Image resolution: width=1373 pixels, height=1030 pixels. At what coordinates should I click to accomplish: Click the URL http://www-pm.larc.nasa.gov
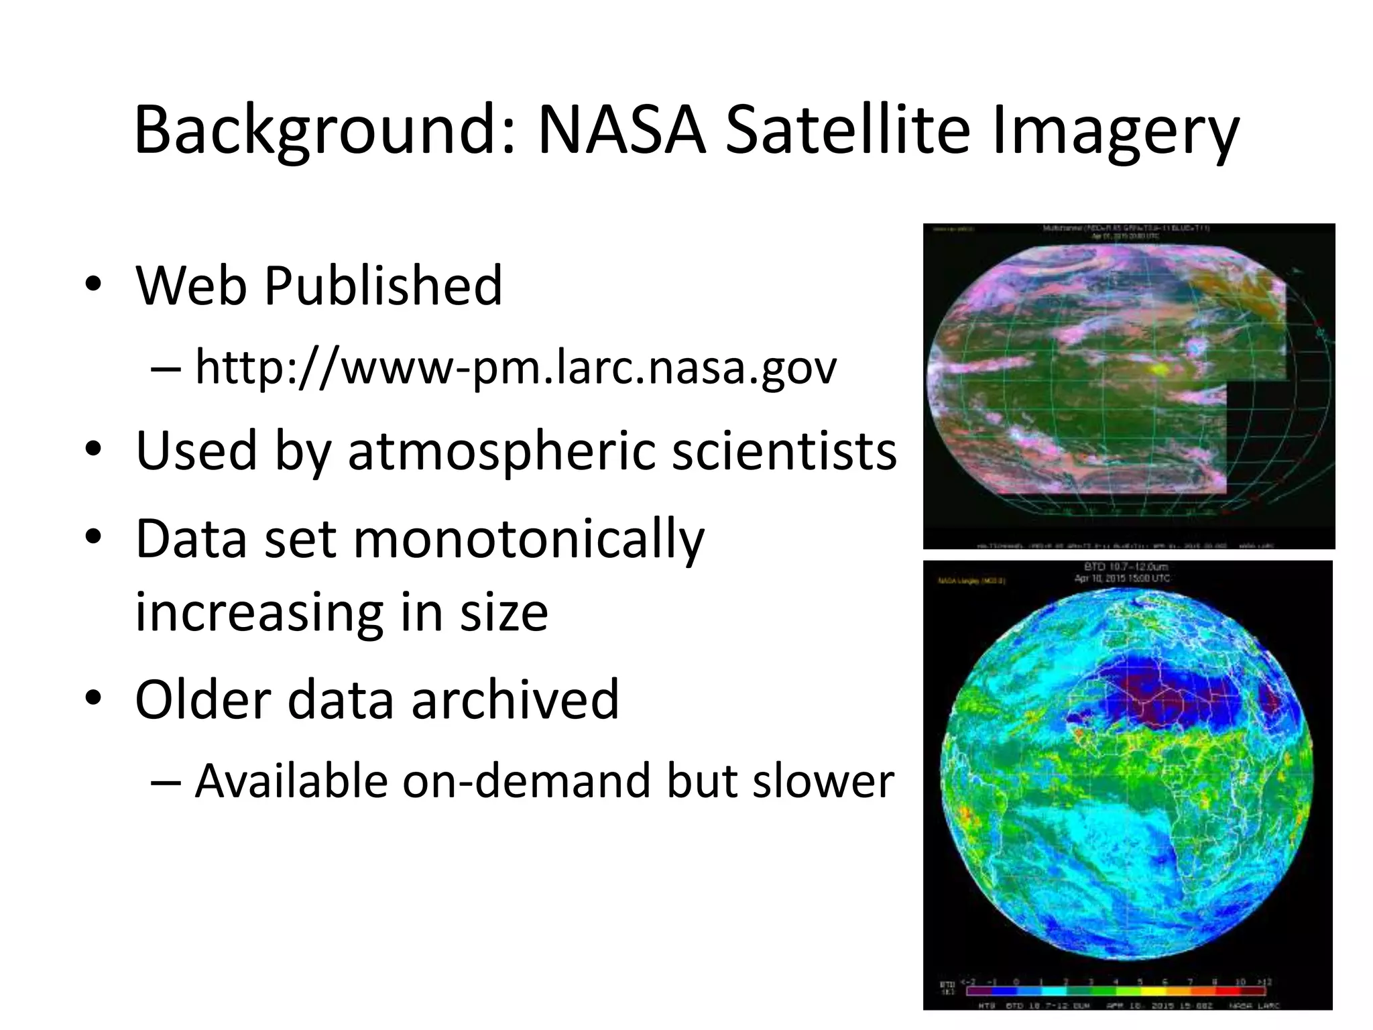(x=516, y=367)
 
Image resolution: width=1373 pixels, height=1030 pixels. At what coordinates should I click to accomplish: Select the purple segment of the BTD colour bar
(x=979, y=990)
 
